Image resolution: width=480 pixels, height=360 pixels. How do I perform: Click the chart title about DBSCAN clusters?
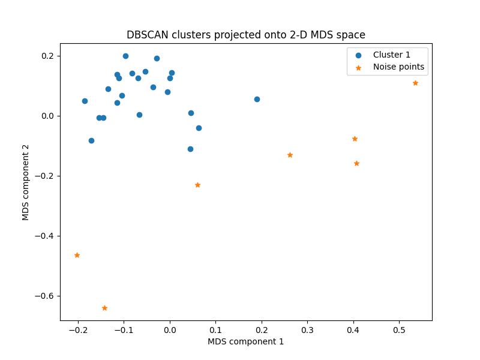[245, 35]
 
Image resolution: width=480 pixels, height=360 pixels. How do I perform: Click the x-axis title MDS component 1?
[245, 341]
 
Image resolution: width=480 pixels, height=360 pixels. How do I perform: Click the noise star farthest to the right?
[415, 83]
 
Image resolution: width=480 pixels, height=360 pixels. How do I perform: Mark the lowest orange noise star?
[104, 308]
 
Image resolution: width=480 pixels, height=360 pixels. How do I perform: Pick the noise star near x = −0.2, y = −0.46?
[77, 255]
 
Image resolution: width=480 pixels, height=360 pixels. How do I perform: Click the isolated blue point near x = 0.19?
[257, 99]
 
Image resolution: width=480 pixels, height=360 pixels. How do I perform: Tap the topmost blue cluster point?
[125, 56]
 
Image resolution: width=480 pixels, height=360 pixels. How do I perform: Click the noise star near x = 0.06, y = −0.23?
[197, 185]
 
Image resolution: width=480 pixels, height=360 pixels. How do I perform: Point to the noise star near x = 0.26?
[290, 155]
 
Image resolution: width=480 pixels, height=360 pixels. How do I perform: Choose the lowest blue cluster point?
[190, 149]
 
